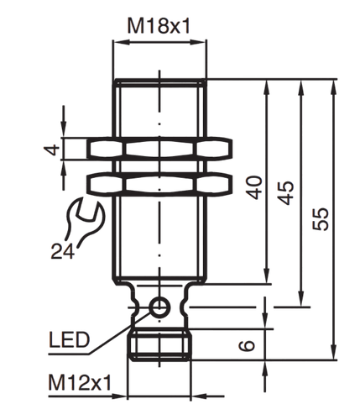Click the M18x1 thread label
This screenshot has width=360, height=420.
coord(159,26)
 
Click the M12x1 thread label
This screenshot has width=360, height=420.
coord(80,382)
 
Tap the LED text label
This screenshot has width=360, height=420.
coord(69,339)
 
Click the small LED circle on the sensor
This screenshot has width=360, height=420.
coord(160,307)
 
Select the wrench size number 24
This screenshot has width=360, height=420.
coord(63,251)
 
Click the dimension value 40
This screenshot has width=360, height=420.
coord(254,187)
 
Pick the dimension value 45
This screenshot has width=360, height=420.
coord(285,193)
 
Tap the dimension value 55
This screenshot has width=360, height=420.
coord(321,219)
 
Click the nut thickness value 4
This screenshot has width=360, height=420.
coord(52,150)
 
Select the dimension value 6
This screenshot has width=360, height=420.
coord(247,345)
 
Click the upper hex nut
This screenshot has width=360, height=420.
coord(159,149)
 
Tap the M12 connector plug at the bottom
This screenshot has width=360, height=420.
coord(159,345)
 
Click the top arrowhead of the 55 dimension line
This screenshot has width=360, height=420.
coord(333,88)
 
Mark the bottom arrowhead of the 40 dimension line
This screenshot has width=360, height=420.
coord(267,275)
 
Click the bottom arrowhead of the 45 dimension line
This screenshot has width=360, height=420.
coord(301,298)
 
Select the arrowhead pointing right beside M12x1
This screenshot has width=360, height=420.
coord(119,396)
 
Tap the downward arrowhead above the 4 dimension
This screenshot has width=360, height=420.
coord(64,129)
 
